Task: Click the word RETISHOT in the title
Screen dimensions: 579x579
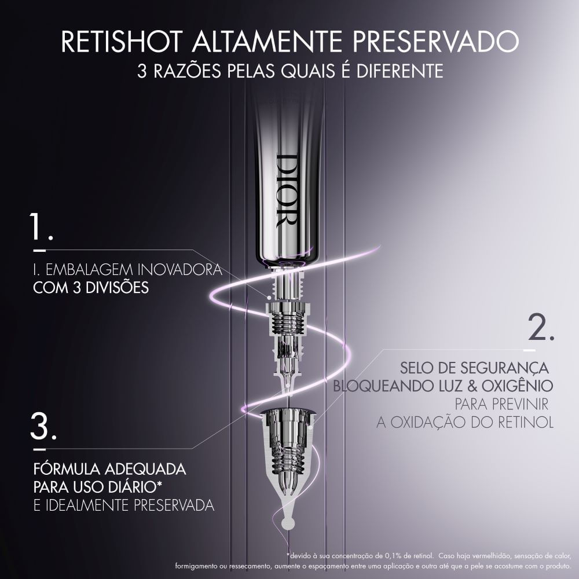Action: [122, 41]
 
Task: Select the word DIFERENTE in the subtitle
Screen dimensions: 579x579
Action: [400, 71]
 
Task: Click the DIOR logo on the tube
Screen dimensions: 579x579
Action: [287, 190]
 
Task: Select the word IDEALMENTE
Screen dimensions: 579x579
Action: [87, 505]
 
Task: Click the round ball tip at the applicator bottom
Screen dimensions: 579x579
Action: [287, 523]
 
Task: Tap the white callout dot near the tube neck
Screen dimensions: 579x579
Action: [270, 297]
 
